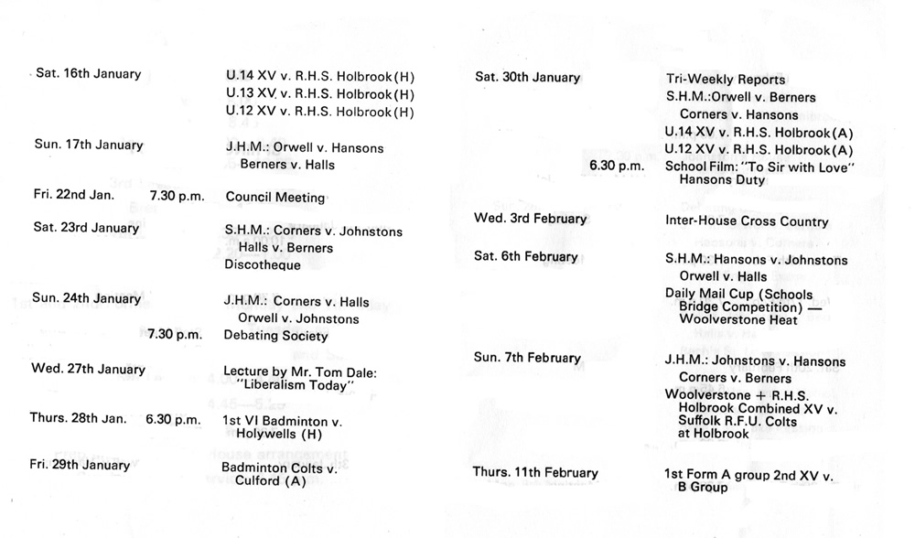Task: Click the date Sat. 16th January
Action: coord(88,73)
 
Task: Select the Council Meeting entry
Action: coord(275,197)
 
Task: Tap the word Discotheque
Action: coord(263,265)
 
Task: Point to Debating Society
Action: coord(276,336)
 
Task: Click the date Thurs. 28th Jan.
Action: coord(78,418)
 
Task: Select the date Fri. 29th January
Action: coord(80,465)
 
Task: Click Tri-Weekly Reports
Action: coord(725,80)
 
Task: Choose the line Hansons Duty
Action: coord(722,179)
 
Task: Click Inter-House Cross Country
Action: coord(747,221)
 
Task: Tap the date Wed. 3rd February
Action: coord(531,219)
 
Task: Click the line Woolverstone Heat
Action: coord(738,320)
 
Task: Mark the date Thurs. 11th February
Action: coord(535,473)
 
